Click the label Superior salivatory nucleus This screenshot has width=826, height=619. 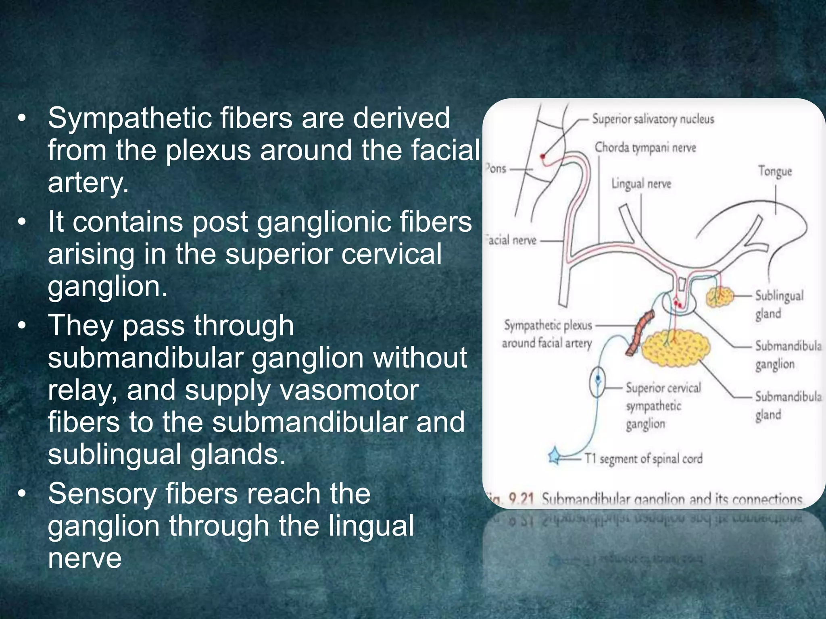click(x=653, y=119)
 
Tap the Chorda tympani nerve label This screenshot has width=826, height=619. click(x=645, y=147)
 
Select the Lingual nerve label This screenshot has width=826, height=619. click(x=641, y=184)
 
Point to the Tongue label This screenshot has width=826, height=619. click(x=775, y=171)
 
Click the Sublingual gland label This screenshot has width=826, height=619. click(x=778, y=304)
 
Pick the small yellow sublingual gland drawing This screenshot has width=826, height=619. click(x=720, y=297)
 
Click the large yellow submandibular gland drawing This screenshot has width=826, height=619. click(x=675, y=347)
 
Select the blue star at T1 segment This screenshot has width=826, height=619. click(x=555, y=457)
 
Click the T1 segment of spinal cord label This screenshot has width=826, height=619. click(x=644, y=459)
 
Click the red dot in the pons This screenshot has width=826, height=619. click(x=543, y=156)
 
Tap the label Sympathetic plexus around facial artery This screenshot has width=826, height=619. click(x=547, y=334)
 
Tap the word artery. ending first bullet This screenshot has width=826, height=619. click(x=88, y=183)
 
